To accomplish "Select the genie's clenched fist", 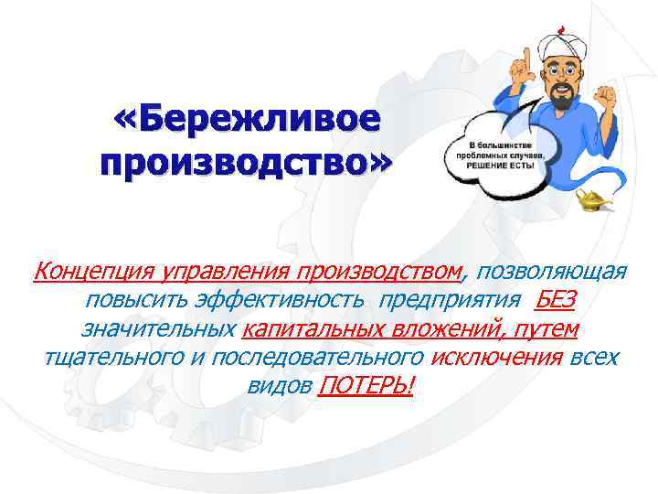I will coord(607,95).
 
